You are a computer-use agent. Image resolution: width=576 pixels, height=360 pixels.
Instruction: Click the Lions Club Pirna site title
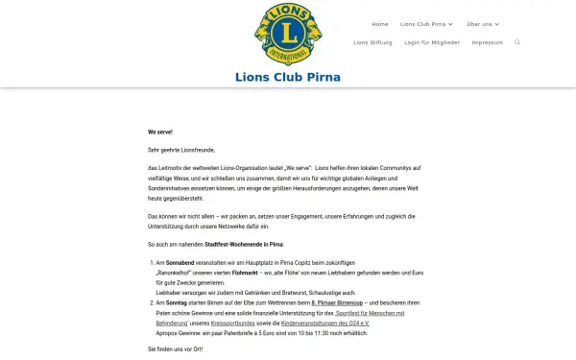coord(288,78)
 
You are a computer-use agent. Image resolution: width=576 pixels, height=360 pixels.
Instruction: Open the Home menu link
coord(380,24)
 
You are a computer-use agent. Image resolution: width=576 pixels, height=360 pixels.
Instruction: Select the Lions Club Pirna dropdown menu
coord(426,24)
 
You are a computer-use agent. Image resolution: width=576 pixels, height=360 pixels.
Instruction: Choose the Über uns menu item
coord(483,24)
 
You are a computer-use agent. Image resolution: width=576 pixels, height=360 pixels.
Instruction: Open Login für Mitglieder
coord(431,42)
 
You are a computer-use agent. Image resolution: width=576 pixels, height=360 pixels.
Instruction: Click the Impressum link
coord(487,42)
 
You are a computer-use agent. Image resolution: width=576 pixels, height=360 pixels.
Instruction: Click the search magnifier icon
coord(517,42)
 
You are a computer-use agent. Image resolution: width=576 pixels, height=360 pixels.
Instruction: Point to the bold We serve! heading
coord(160,131)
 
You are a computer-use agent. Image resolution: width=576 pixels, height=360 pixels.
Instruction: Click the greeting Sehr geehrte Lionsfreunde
coord(181,151)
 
